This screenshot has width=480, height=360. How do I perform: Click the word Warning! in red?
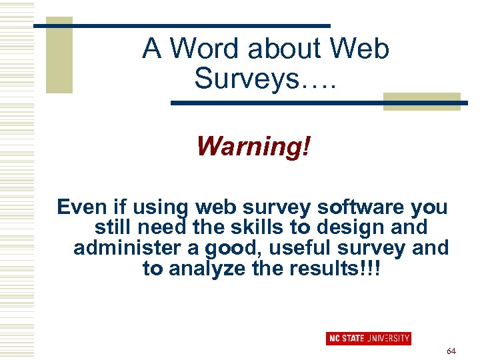tap(253, 145)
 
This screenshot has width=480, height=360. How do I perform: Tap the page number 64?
tap(451, 351)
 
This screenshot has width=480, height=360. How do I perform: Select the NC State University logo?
tap(368, 338)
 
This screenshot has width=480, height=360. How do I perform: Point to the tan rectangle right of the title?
tap(421, 101)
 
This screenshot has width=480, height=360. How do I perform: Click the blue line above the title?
tap(181, 26)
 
